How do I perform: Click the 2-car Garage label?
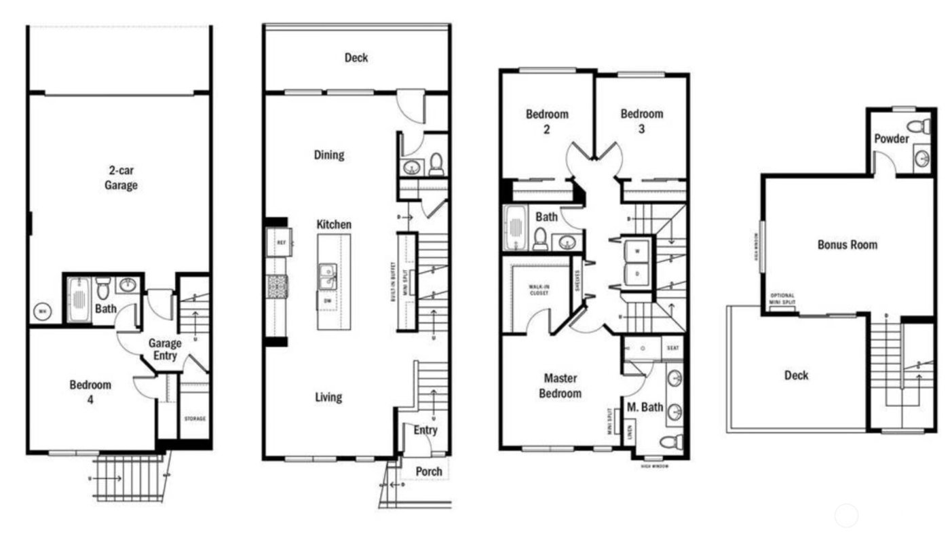coord(121,178)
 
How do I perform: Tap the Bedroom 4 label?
coord(90,392)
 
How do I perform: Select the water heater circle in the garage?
coord(42,312)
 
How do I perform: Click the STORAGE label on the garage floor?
coord(195,419)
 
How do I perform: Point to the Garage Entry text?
coord(165,349)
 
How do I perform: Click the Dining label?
coord(328,155)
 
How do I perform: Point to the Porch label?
coord(428,471)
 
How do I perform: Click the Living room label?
coord(328,397)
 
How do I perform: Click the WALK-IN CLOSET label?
coord(540,290)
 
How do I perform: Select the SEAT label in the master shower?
coord(674,347)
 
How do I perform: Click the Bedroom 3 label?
coord(641,121)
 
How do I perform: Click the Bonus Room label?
coord(847,244)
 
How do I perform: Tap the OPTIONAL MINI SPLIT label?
coord(782,299)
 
